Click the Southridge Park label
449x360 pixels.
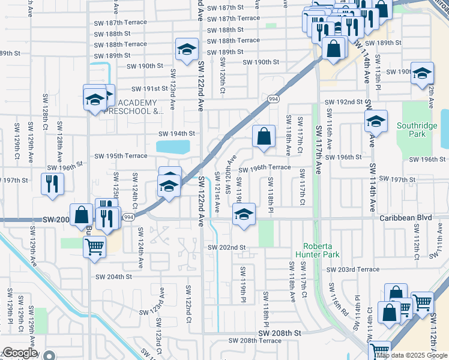coord(412,130)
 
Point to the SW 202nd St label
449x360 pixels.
coord(227,247)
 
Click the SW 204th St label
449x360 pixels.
coord(113,277)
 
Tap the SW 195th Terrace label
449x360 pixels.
coord(121,156)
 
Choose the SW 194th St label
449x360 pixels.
coord(176,134)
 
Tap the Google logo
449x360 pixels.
coord(20,353)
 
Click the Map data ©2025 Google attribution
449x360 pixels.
coord(412,355)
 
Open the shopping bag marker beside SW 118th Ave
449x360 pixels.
coord(264,136)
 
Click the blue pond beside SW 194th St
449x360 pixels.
coord(173,146)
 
